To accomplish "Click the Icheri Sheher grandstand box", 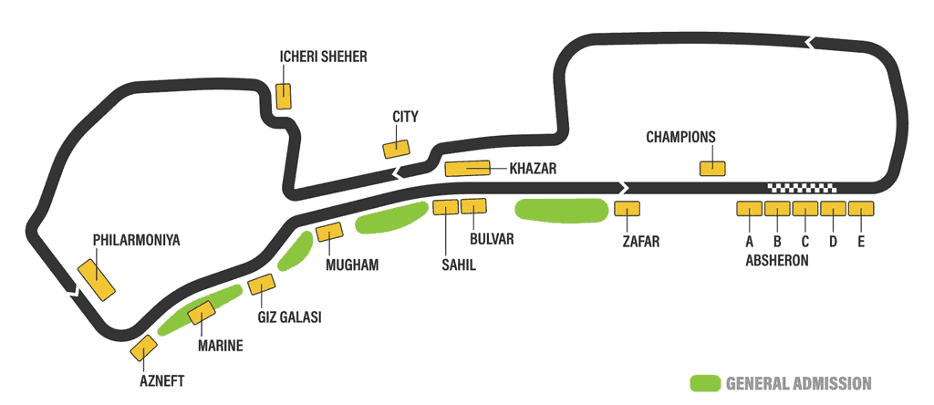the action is point(284,96).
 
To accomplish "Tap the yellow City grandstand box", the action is point(396,149).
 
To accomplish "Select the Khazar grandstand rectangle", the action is point(468,169).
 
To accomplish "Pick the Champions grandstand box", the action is point(712,169).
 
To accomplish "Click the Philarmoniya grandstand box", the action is point(97,280).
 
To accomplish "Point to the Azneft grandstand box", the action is point(143,348).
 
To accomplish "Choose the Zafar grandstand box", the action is point(628,209).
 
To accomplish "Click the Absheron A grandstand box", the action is point(750,209).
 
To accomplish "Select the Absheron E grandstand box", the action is point(861,209).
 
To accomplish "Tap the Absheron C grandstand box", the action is point(805,209).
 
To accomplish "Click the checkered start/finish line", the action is point(803,188).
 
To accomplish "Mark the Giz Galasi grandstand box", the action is point(262,284).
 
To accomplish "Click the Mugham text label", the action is point(352,265).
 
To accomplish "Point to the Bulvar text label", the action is point(492,239).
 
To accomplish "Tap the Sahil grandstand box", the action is point(445,207).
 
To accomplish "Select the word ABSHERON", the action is point(777,261).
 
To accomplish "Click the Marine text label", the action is point(220,346).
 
